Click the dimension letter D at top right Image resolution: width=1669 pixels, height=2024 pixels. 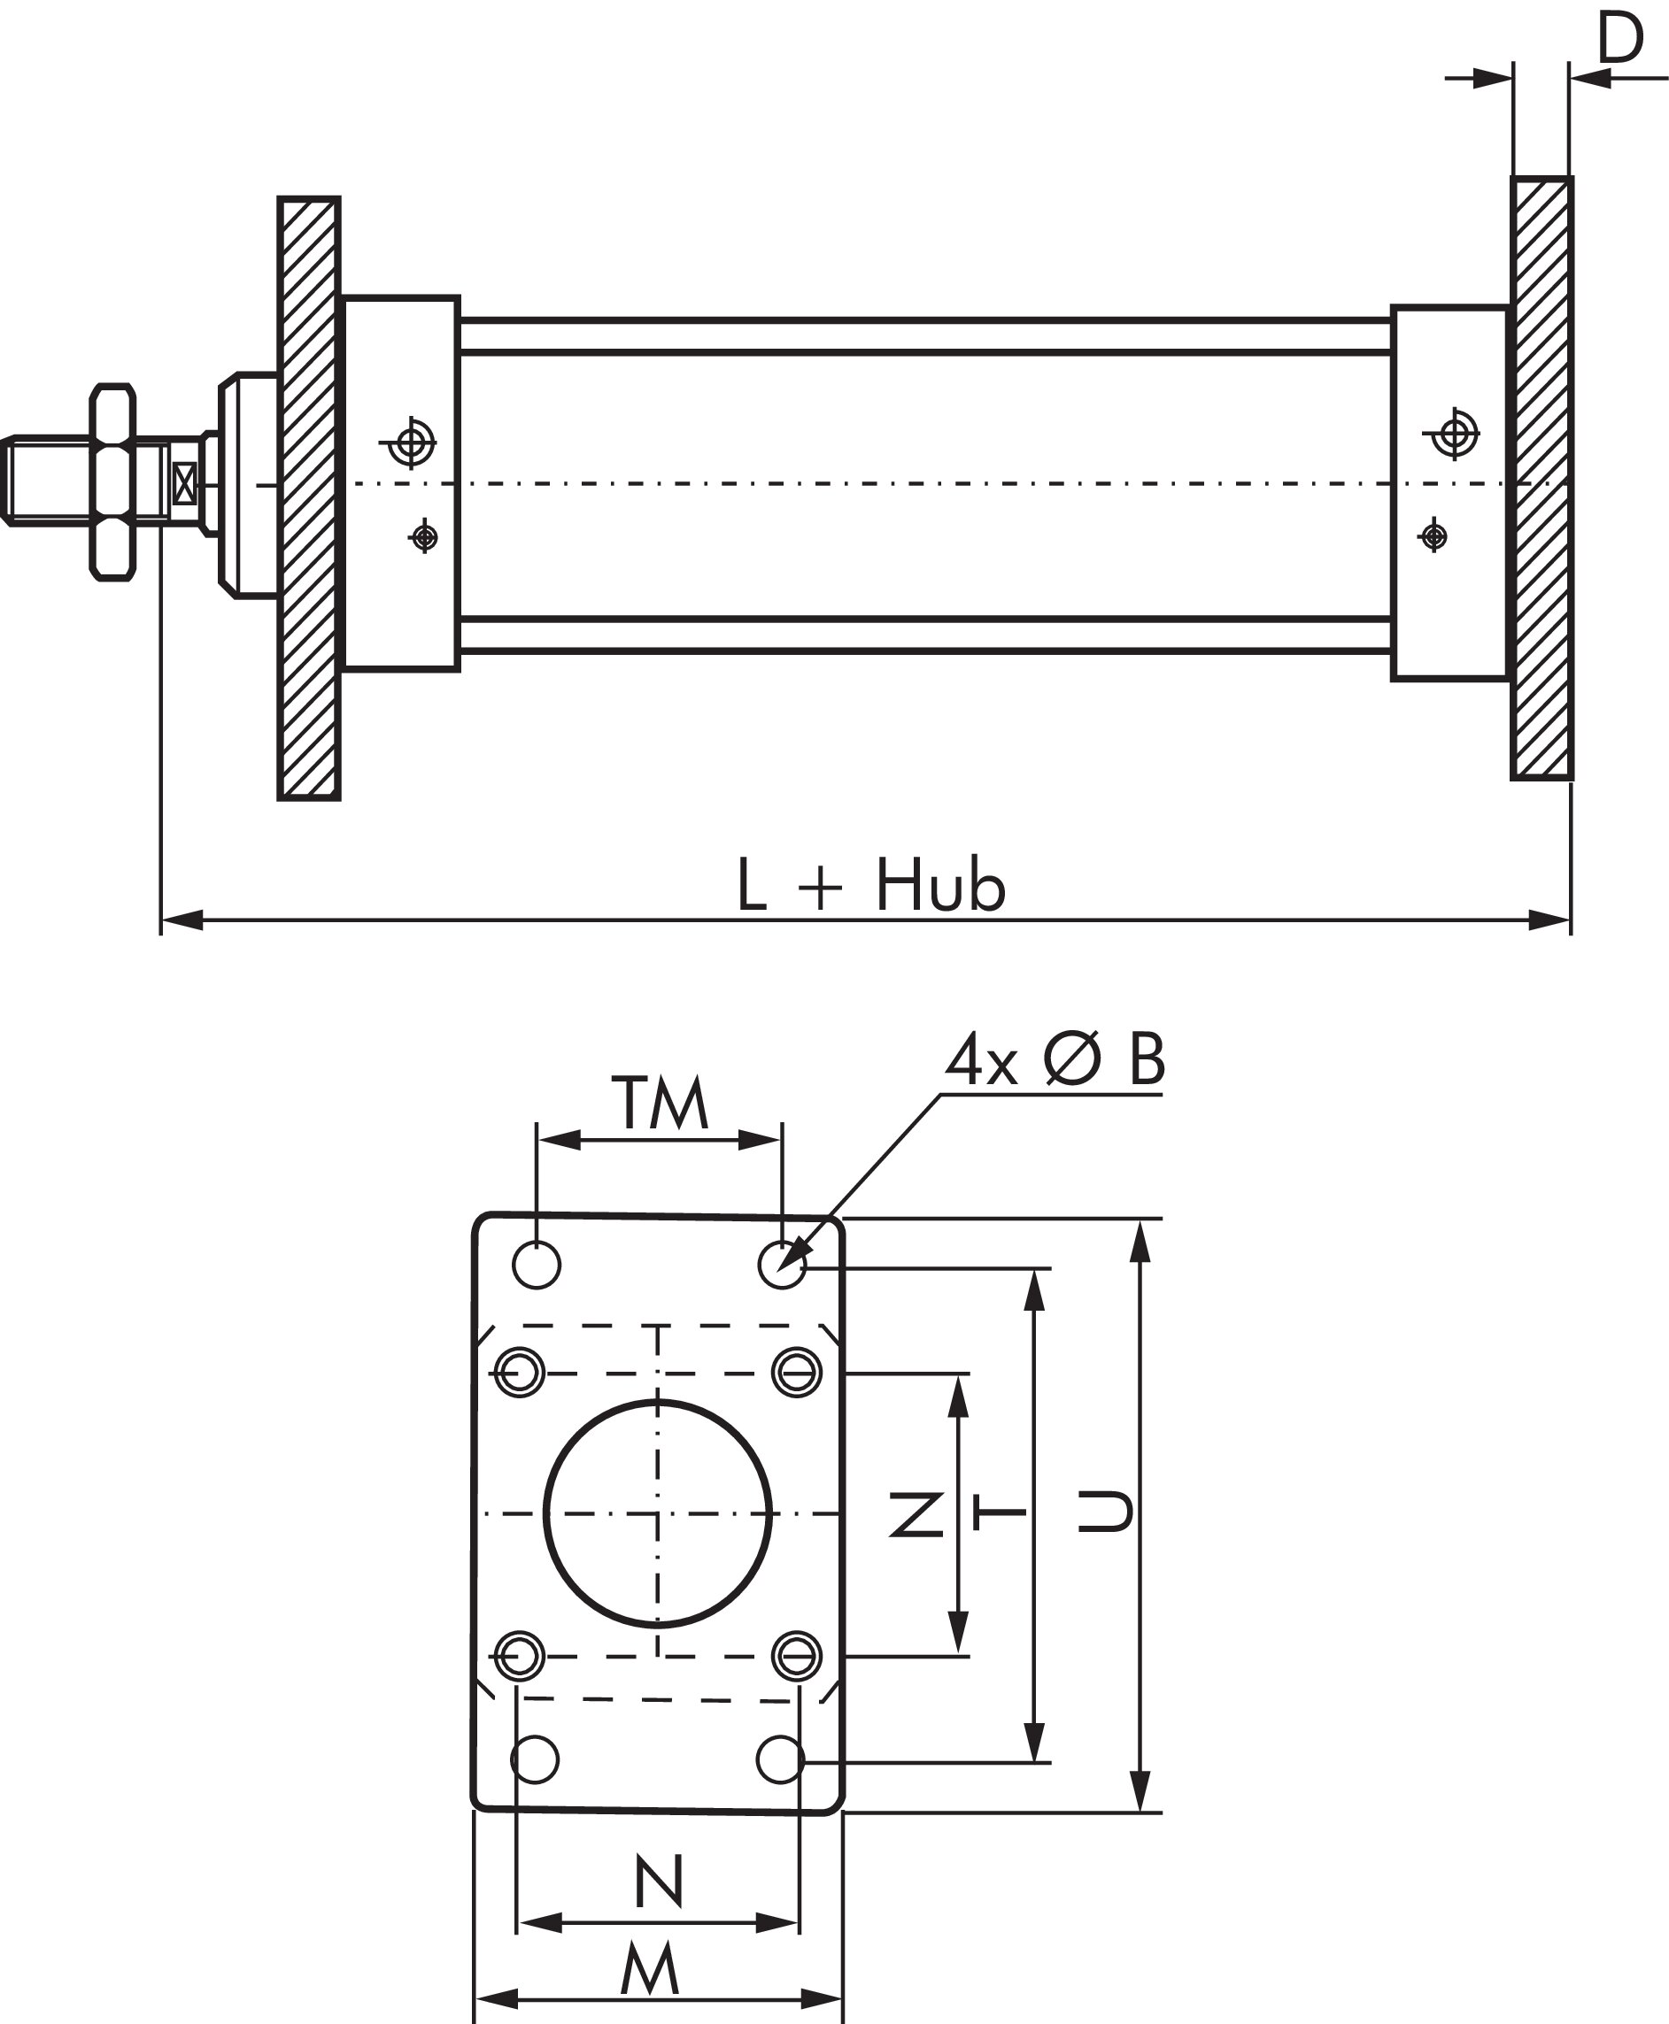[1620, 40]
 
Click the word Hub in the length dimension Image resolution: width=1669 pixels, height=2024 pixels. [939, 885]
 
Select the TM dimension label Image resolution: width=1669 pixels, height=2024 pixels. [661, 1104]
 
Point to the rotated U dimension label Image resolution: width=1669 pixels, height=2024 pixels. [1104, 1512]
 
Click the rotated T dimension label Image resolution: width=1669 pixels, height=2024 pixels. [1000, 1512]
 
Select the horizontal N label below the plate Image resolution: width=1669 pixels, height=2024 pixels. [660, 1882]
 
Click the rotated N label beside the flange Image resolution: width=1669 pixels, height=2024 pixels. [916, 1513]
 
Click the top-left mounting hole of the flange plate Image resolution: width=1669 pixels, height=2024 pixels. [537, 1264]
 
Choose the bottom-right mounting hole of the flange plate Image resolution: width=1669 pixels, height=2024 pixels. [781, 1759]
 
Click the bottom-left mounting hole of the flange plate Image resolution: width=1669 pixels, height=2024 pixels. [535, 1759]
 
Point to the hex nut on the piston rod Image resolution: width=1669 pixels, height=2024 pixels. [112, 482]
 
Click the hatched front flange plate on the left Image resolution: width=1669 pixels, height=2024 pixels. [309, 498]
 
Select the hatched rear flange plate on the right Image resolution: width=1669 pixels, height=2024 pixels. [1542, 478]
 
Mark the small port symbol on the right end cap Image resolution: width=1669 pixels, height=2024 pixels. [1433, 535]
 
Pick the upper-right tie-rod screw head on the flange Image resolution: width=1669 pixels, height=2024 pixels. [796, 1372]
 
